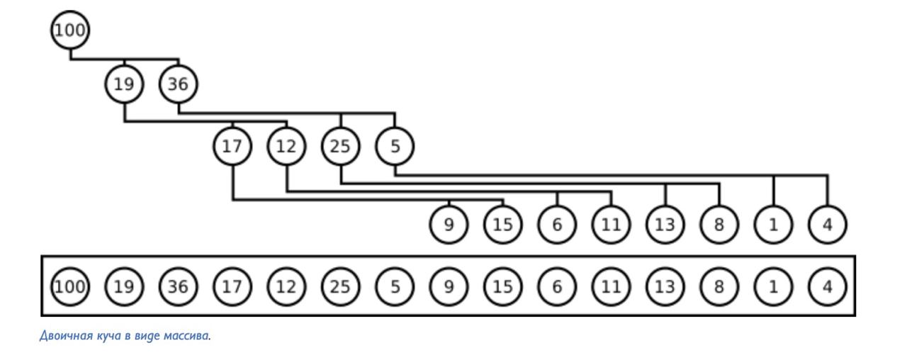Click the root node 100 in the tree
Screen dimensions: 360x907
pos(70,30)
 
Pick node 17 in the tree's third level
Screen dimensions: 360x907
pos(232,147)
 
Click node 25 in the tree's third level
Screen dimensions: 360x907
pos(341,147)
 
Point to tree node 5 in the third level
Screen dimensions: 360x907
pos(395,147)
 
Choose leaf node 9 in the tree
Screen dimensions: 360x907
pos(449,225)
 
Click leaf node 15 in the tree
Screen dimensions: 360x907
pos(503,225)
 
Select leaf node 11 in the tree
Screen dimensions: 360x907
pos(611,225)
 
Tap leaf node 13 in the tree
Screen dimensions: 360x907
pos(665,225)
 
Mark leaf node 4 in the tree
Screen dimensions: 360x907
pos(827,225)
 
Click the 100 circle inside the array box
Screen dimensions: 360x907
pos(70,286)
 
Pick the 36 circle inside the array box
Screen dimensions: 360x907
pos(178,286)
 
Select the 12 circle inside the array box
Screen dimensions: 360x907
pos(286,286)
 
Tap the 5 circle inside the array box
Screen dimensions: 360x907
pos(395,286)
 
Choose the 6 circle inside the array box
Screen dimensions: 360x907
pos(557,286)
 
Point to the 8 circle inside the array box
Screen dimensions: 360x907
pos(719,286)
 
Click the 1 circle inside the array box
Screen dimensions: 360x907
pos(773,286)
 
